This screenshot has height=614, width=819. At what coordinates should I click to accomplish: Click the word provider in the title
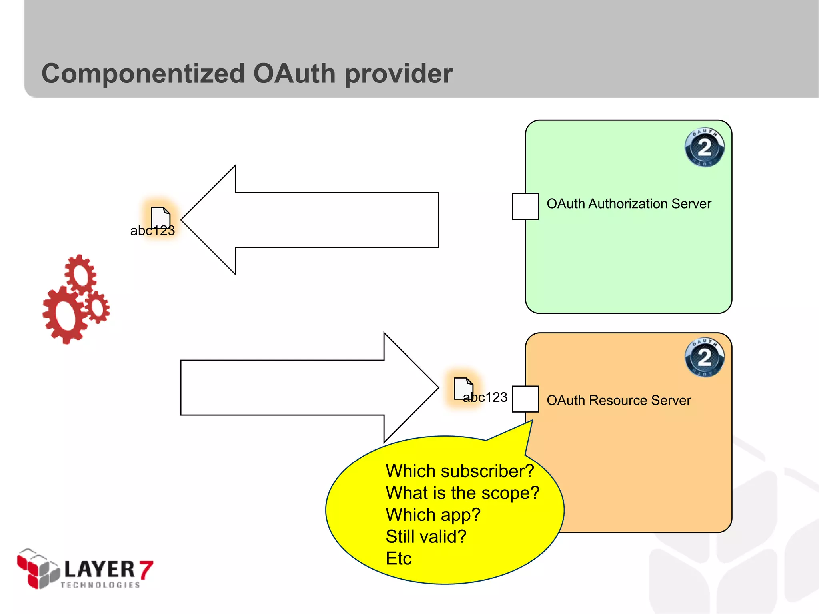(x=398, y=74)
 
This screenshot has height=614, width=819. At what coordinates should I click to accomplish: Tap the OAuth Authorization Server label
(x=629, y=204)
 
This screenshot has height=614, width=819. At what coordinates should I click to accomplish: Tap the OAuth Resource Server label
(x=619, y=400)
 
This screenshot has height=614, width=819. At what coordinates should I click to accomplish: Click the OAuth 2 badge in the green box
(x=704, y=148)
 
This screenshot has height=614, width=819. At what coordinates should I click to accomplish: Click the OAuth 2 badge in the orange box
(x=704, y=357)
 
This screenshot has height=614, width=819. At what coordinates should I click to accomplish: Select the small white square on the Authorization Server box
(x=525, y=206)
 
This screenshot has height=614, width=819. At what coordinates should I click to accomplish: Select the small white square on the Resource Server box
(x=525, y=399)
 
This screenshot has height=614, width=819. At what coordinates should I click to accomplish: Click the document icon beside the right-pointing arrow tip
(x=463, y=388)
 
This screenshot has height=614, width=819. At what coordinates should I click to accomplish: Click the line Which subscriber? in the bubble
(x=459, y=471)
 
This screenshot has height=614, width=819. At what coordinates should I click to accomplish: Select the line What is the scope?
(x=462, y=493)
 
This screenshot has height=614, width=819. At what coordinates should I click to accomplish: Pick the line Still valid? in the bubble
(x=426, y=537)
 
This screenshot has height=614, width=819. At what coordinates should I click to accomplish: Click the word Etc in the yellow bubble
(x=398, y=558)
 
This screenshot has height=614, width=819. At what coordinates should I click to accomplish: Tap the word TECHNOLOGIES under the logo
(x=100, y=585)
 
